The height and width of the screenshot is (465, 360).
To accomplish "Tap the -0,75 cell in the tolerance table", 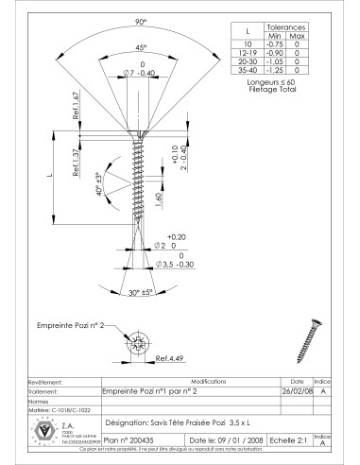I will (x=275, y=43).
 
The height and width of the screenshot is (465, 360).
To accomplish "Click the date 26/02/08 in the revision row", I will (x=292, y=390).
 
